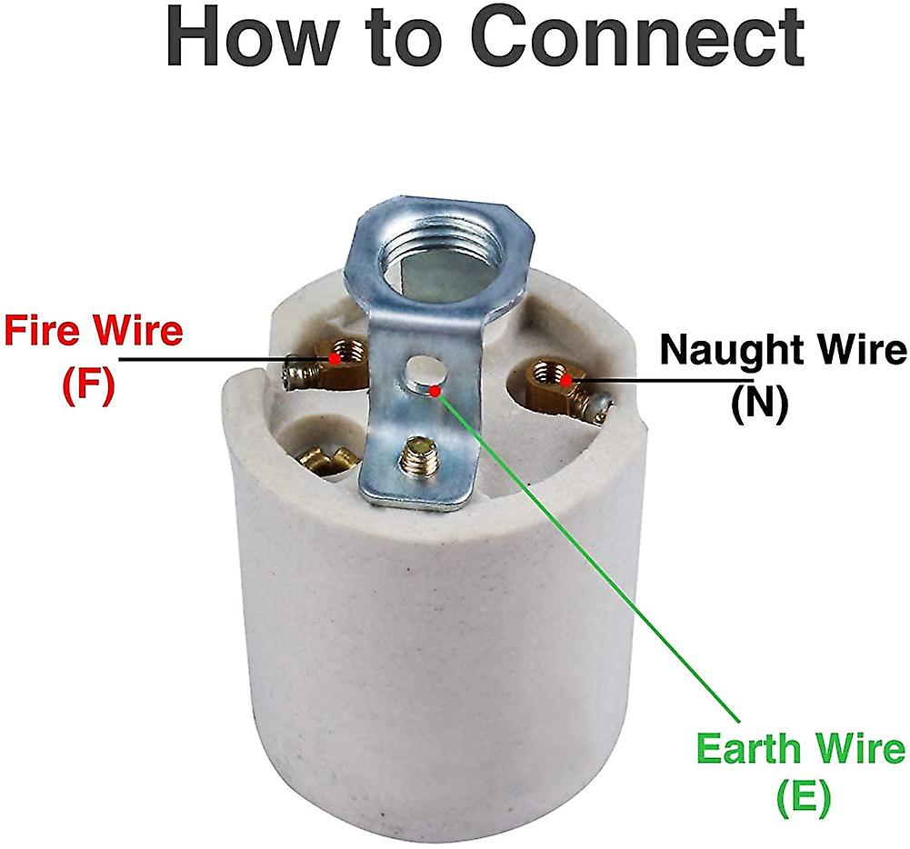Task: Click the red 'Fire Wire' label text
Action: click(94, 331)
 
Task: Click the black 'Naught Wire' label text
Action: click(783, 350)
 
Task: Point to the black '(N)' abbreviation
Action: click(760, 404)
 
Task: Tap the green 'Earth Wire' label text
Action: click(800, 749)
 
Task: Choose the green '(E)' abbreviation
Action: click(802, 798)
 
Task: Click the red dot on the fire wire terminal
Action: click(335, 358)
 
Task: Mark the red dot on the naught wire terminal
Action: click(565, 380)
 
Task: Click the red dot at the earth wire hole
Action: click(436, 391)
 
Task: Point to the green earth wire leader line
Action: click(588, 556)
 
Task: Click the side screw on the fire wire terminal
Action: click(297, 372)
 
